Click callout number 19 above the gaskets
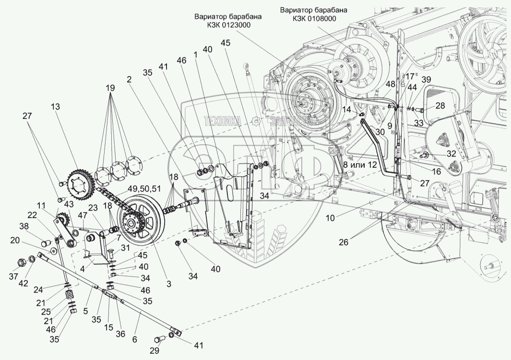110,89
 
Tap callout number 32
451,154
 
